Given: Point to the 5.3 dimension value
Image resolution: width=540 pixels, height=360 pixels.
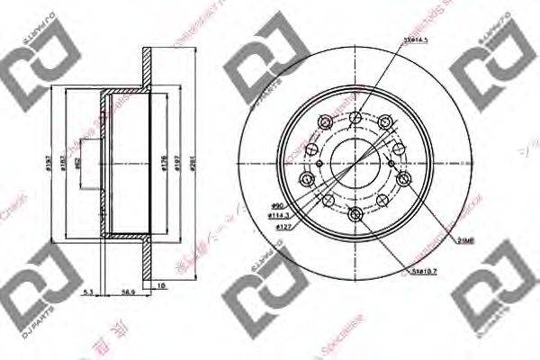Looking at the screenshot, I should point(86,292).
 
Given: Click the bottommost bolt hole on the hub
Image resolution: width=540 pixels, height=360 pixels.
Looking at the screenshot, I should point(355,211).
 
